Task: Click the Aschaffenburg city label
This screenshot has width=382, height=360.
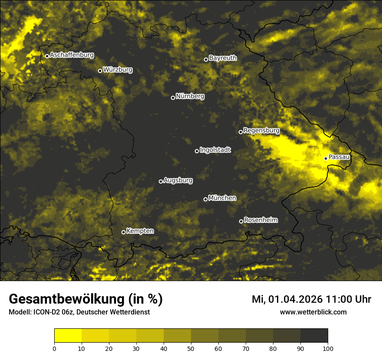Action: pyautogui.click(x=72, y=55)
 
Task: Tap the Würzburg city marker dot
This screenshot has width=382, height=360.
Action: pyautogui.click(x=100, y=71)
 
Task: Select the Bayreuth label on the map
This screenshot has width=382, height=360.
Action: pyautogui.click(x=223, y=58)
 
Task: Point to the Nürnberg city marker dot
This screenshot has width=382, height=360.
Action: pyautogui.click(x=173, y=98)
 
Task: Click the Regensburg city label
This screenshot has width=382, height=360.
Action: pyautogui.click(x=261, y=130)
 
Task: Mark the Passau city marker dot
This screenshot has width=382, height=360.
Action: pyautogui.click(x=326, y=158)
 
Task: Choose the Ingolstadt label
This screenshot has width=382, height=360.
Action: pyautogui.click(x=215, y=150)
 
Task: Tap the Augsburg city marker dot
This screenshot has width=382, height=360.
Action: pyautogui.click(x=161, y=181)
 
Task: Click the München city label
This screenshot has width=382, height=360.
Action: pyautogui.click(x=222, y=198)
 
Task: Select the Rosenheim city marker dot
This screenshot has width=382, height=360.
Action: pyautogui.click(x=241, y=221)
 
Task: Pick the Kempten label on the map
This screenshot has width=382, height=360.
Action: pyautogui.click(x=140, y=231)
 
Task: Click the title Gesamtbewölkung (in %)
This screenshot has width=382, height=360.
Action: pyautogui.click(x=86, y=299)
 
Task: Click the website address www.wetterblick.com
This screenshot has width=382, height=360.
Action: pyautogui.click(x=313, y=312)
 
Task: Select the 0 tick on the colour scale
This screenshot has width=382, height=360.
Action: pyautogui.click(x=54, y=348)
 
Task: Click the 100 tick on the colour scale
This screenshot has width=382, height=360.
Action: pyautogui.click(x=328, y=348)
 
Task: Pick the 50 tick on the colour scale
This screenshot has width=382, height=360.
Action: pyautogui.click(x=191, y=348)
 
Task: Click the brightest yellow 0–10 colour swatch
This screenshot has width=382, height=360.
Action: pyautogui.click(x=68, y=336)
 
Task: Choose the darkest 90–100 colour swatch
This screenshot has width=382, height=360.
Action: pyautogui.click(x=314, y=336)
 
